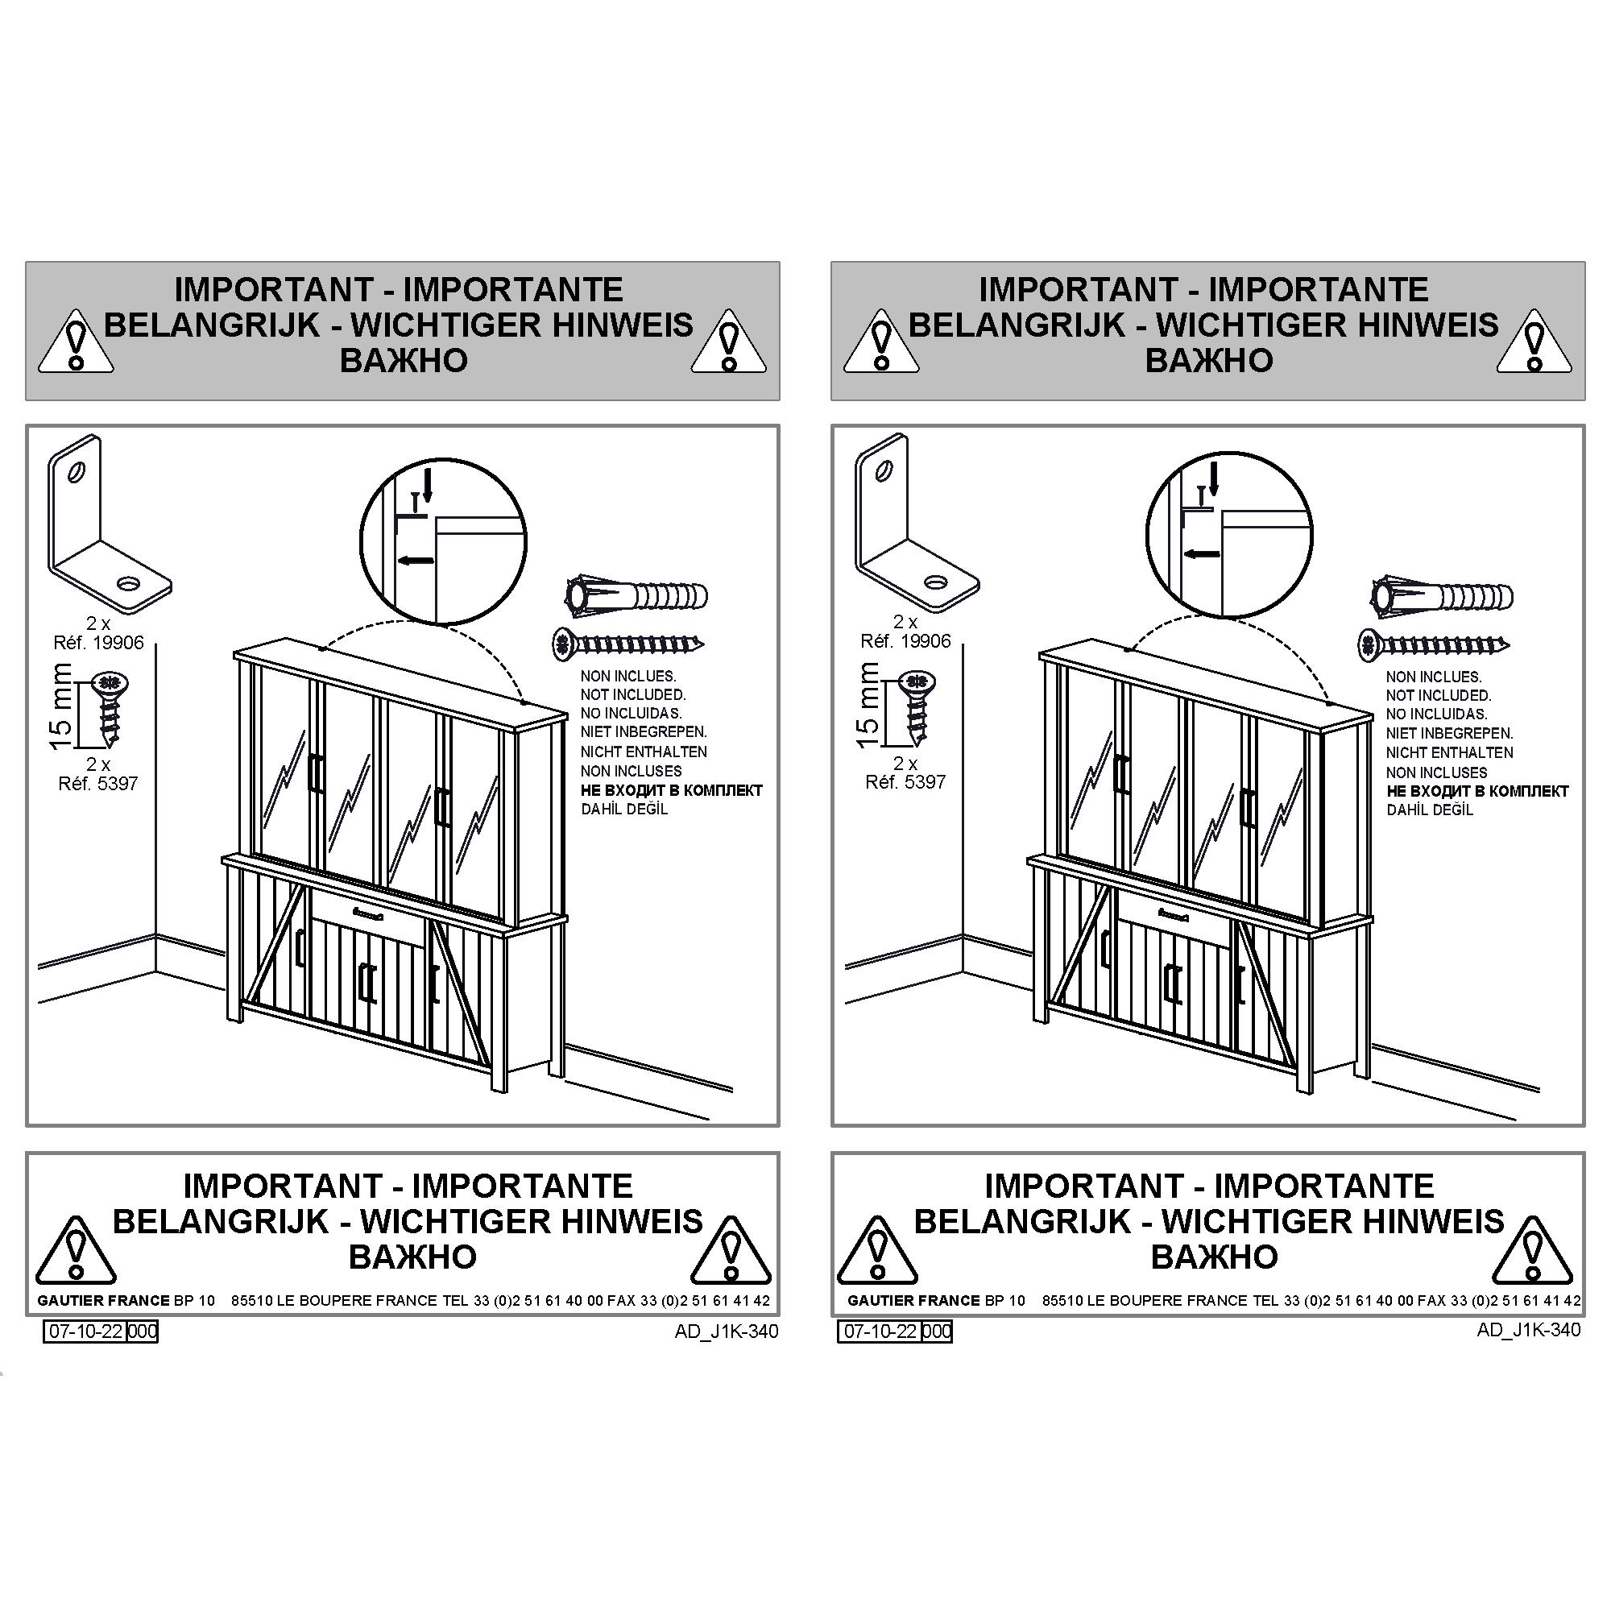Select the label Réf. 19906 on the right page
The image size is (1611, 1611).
coord(905,641)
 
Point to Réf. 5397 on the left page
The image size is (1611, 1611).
coord(97,784)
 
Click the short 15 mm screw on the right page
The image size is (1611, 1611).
coord(918,708)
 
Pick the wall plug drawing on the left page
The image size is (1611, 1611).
coord(636,596)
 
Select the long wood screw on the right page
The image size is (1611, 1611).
coord(1435,643)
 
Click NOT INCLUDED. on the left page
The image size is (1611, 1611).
coord(633,694)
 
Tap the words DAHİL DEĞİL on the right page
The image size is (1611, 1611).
coord(1430,810)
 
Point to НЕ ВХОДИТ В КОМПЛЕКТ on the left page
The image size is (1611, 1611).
coord(671,790)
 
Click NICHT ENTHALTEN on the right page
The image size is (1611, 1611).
coord(1449,752)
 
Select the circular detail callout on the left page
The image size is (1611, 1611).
coord(444,540)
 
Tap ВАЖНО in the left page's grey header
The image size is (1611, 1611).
coord(404,360)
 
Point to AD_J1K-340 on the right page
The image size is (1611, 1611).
coord(1529,1329)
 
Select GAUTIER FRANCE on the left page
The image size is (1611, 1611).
coord(103,1300)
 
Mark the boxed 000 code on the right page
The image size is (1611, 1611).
coord(937,1331)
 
